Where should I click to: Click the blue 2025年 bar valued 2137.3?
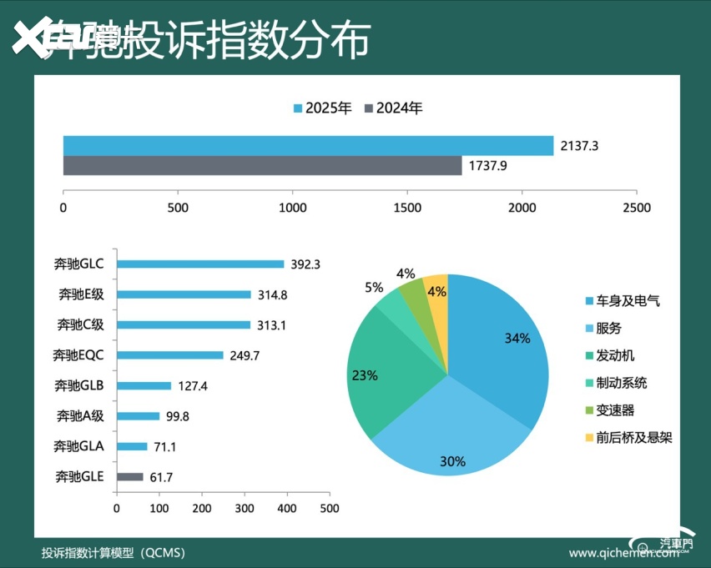[308, 145]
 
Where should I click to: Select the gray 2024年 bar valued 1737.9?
[262, 165]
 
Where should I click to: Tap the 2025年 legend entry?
[322, 108]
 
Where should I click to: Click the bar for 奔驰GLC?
[200, 264]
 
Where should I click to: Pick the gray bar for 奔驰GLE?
[130, 477]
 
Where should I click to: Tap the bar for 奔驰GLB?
[144, 386]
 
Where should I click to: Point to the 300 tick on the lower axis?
[245, 507]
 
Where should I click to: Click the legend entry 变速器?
[615, 410]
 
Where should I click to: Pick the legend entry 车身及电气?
[627, 301]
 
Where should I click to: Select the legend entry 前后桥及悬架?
[633, 438]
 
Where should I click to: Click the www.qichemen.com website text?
[618, 553]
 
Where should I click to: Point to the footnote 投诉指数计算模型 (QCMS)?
[113, 552]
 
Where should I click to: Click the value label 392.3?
[305, 264]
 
